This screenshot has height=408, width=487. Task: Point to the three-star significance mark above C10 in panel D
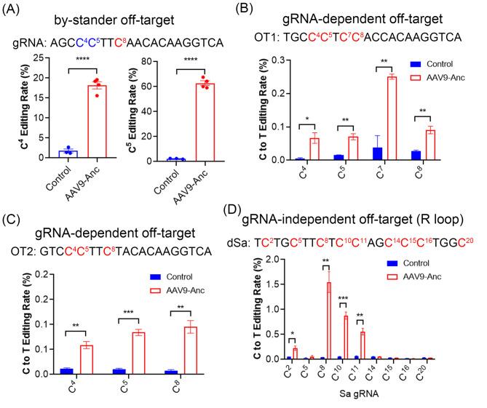click(x=353, y=298)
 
